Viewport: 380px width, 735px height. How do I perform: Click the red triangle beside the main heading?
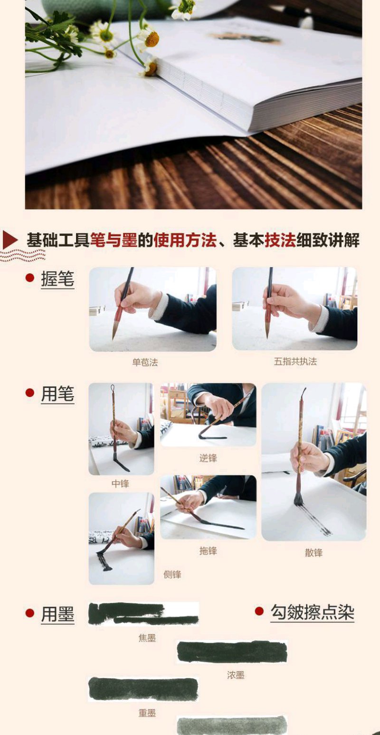pos(9,240)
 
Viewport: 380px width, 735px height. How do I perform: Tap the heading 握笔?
pos(57,279)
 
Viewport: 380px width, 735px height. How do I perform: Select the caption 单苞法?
pos(145,362)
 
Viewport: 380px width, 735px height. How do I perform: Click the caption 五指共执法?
pos(295,362)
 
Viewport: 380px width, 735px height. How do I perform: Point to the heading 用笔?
pos(57,394)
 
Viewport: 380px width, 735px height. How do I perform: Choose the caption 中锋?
pos(120,484)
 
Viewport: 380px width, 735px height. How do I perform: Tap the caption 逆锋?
pos(208,458)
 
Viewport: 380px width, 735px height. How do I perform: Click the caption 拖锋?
pos(208,551)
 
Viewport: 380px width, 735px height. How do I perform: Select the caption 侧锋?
pos(172,574)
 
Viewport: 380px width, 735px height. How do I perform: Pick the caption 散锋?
pos(314,553)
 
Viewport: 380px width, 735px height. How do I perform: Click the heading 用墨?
pos(57,614)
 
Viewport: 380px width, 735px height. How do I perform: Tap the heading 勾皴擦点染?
pos(312,612)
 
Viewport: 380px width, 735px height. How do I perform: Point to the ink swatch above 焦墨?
pos(143,614)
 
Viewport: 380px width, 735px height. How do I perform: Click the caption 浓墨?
pos(236,675)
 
